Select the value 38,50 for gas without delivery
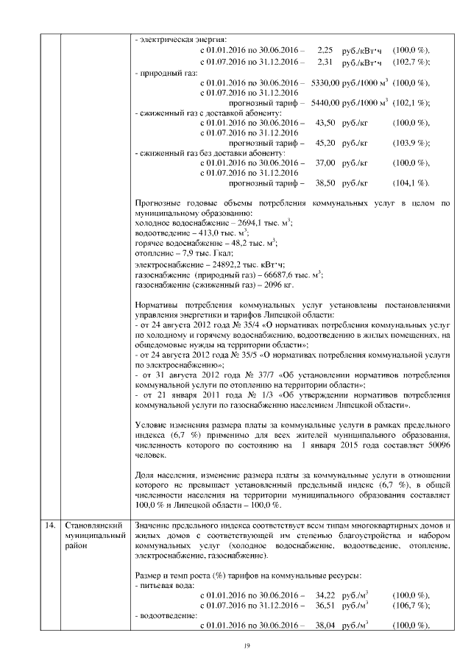325,182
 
